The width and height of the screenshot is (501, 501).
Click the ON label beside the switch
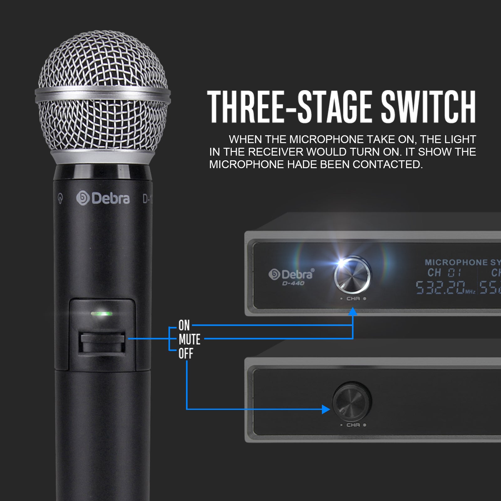pyautogui.click(x=184, y=326)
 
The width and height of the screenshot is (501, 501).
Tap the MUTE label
pyautogui.click(x=189, y=339)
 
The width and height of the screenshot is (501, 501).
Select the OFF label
pyautogui.click(x=186, y=354)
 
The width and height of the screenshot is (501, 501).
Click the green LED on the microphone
pyautogui.click(x=101, y=313)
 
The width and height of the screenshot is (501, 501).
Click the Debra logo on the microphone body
pyautogui.click(x=103, y=199)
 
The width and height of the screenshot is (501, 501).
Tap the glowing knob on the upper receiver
pyautogui.click(x=352, y=276)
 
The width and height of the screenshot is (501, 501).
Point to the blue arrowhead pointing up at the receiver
pyautogui.click(x=353, y=311)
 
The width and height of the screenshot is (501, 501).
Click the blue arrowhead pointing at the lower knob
pyautogui.click(x=326, y=409)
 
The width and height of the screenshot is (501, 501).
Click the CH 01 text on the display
pyautogui.click(x=444, y=273)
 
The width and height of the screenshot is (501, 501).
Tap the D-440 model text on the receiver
pyautogui.click(x=293, y=283)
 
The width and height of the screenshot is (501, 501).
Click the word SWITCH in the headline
pyautogui.click(x=428, y=106)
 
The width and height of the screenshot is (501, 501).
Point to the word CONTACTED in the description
pyautogui.click(x=388, y=164)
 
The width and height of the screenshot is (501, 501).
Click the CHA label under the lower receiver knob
pyautogui.click(x=353, y=425)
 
